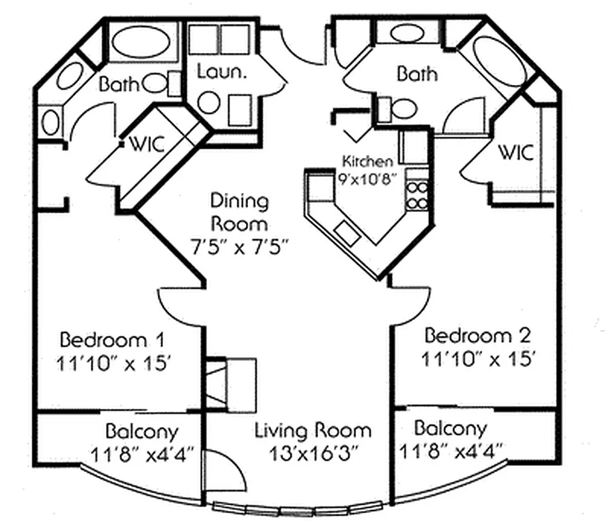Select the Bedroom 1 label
click(x=112, y=340)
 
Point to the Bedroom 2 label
click(x=477, y=334)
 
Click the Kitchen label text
click(x=367, y=161)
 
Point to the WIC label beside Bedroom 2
click(x=516, y=153)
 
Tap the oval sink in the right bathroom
click(x=406, y=33)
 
